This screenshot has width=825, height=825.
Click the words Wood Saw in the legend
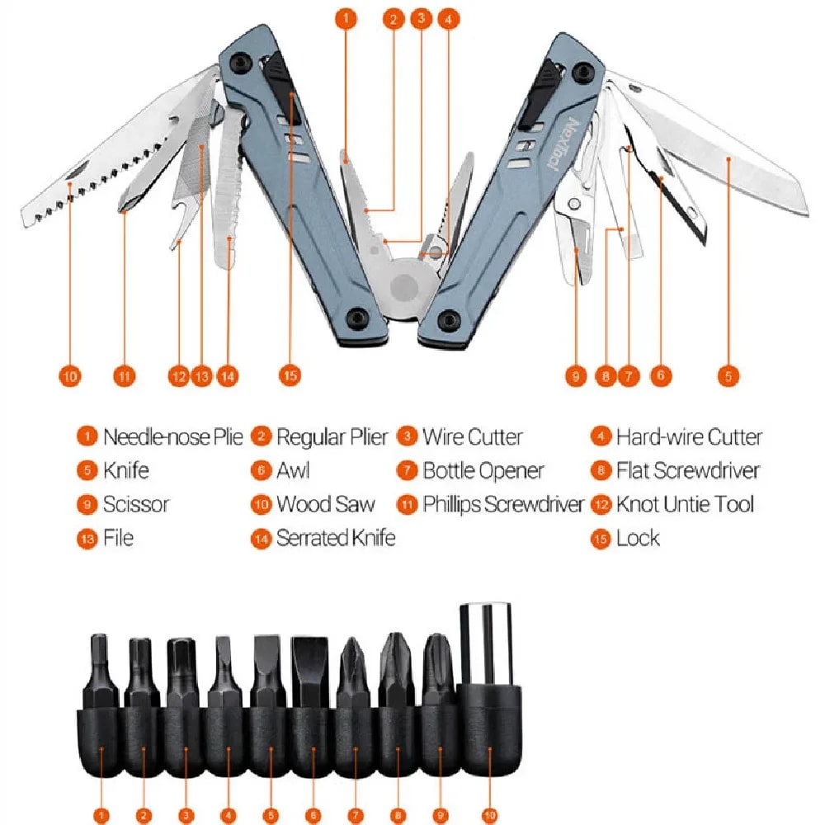coord(325,504)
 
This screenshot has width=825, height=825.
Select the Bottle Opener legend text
coord(483,471)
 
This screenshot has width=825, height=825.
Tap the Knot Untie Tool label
coord(685,504)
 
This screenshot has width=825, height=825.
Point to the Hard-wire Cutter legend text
coord(689,437)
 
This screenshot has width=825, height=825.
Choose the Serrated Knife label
coord(336,538)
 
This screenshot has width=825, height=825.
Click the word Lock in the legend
coord(638,538)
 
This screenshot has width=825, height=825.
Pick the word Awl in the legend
coord(293,471)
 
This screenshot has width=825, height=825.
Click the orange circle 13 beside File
coord(87,539)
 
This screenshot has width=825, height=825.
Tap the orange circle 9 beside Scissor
coord(87,505)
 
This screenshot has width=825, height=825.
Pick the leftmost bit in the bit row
coord(100,668)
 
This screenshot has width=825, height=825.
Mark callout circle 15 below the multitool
coord(289,375)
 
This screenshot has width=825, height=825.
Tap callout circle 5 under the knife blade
coord(728,375)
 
